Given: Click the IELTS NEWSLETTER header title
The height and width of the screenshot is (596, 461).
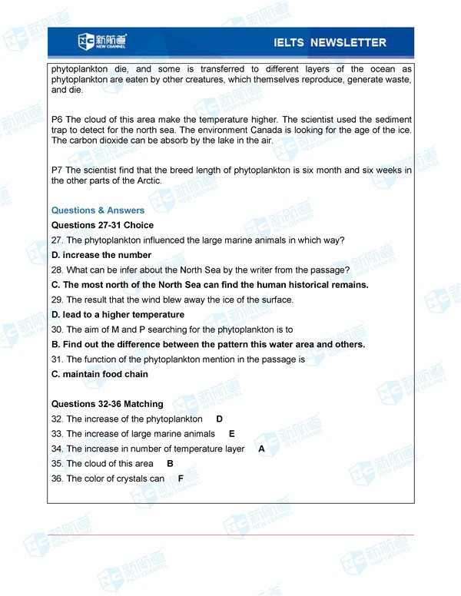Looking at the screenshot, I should coord(330,42).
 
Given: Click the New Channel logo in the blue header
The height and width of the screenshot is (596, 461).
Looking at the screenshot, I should coord(102,41).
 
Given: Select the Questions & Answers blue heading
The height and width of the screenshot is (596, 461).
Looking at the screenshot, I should coord(98,210).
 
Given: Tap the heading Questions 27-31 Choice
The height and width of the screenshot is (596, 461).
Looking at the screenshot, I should coord(102,225).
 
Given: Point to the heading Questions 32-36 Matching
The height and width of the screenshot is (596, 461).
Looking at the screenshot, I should coord(107,404).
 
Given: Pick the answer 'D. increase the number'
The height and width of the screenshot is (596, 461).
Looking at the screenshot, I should coord(101,255).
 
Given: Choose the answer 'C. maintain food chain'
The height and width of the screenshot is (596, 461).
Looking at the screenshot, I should coord(100,374).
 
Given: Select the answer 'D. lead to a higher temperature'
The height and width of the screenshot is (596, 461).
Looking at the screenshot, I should coord(118,315).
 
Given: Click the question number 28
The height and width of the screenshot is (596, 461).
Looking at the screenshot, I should coord(57,270).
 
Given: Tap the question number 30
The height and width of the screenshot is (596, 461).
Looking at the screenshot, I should coord(57,329).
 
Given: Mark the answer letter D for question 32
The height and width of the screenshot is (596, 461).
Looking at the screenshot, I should coord(219,419).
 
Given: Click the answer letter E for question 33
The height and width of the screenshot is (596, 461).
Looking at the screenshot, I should coord(232,434).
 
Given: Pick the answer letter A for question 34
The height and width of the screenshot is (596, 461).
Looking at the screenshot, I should coord(261,449).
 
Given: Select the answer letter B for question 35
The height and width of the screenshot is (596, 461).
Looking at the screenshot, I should coord(170,464).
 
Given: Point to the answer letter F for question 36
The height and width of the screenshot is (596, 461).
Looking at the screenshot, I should coord(181,478).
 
